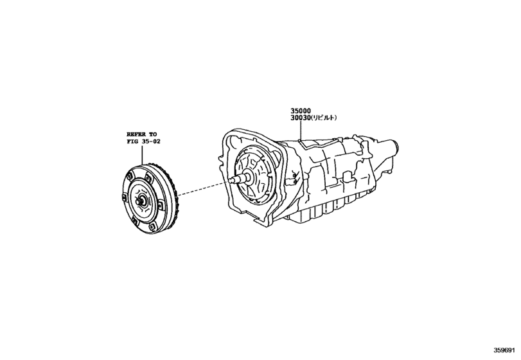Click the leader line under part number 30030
tap(301, 131)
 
